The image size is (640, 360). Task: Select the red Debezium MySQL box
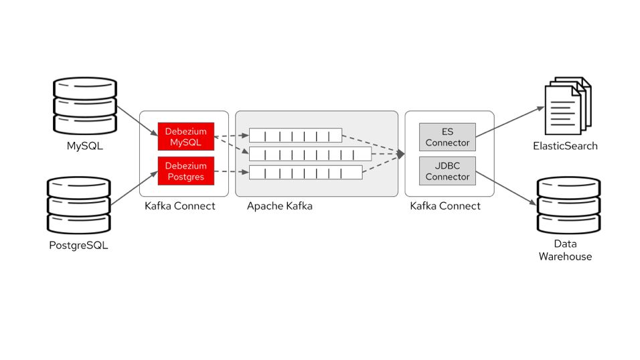(x=185, y=137)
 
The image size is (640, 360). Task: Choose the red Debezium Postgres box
(x=185, y=171)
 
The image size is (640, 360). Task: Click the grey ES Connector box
(x=447, y=137)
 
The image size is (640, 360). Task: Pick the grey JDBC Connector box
(x=447, y=171)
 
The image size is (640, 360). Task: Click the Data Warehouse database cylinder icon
(x=568, y=204)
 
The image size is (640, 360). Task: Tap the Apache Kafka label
(x=279, y=206)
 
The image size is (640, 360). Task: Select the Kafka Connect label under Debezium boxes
(x=180, y=206)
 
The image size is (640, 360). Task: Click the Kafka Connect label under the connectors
(x=445, y=206)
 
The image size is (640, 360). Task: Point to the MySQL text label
(x=85, y=146)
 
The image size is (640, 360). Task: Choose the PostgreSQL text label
(x=78, y=245)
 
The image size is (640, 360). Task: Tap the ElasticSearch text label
(x=565, y=146)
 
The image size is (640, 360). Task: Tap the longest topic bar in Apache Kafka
(x=310, y=155)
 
